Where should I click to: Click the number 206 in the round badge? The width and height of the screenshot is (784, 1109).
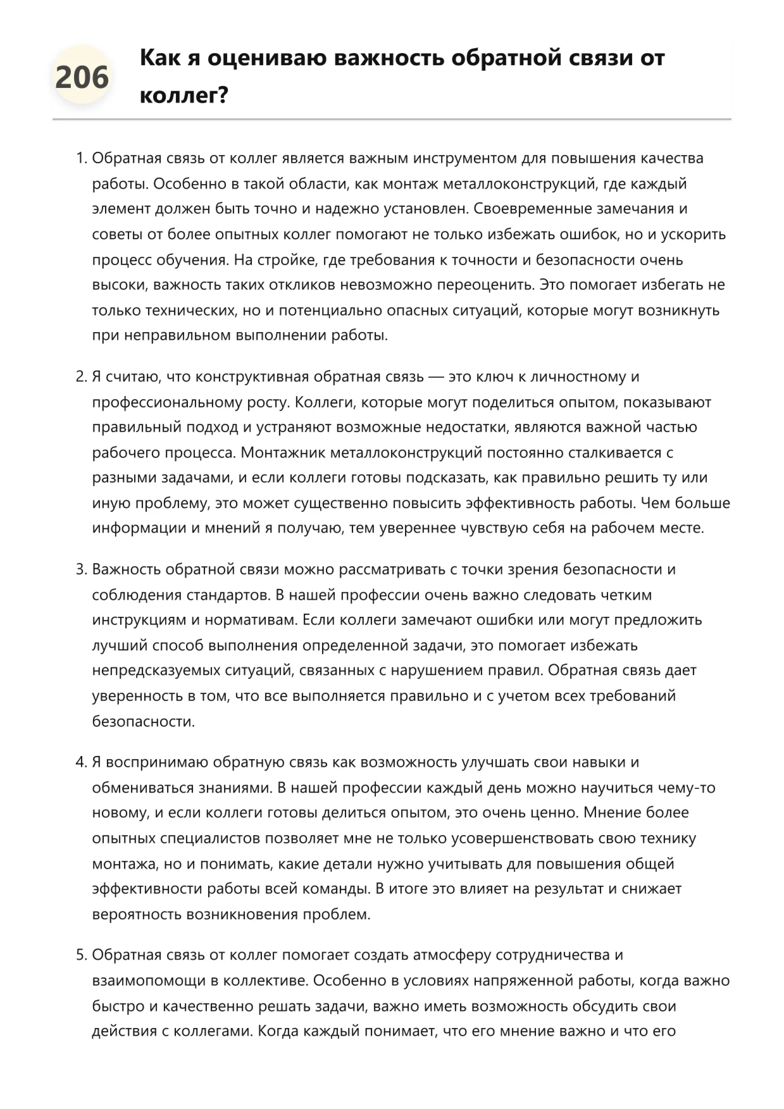pos(82,77)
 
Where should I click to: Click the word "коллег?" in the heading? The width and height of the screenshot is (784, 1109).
pos(183,96)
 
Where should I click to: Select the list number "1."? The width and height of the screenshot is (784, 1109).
pos(81,158)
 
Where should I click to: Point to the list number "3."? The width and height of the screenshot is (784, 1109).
pos(81,569)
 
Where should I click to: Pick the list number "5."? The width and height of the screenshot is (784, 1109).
pos(81,955)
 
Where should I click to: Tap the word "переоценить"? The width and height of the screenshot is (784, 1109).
pos(485,285)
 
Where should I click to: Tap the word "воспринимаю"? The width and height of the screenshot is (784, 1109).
pos(157,762)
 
